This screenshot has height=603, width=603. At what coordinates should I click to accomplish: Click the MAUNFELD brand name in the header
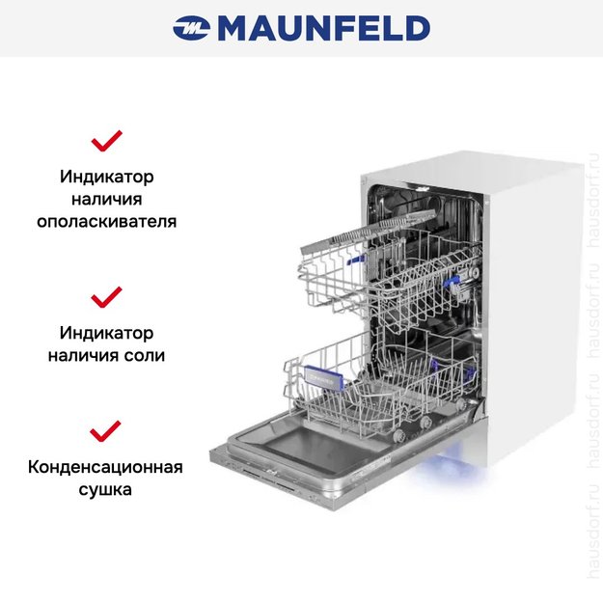[x=323, y=29]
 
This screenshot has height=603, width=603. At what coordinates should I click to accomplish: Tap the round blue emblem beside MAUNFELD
[x=191, y=29]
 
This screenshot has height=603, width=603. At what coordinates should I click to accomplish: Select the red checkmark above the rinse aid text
[x=106, y=142]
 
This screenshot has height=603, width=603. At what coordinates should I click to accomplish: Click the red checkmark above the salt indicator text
[x=106, y=296]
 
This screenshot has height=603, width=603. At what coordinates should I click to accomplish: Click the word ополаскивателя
[x=106, y=221]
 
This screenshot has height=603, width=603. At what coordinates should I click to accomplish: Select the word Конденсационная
[x=106, y=468]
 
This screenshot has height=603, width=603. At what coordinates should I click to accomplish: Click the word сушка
[x=106, y=489]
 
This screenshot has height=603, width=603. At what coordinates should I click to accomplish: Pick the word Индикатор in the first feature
[x=106, y=178]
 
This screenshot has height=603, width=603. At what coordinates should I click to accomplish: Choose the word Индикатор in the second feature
[x=106, y=333]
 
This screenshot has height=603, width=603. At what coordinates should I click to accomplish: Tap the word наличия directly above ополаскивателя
[x=106, y=200]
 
